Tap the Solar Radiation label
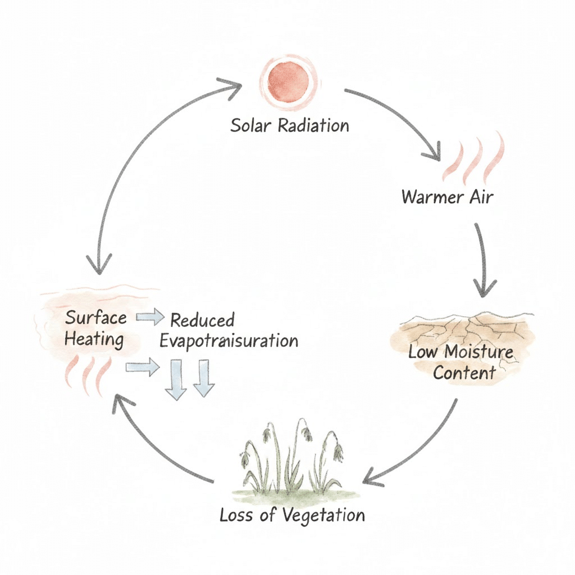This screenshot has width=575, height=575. (x=290, y=125)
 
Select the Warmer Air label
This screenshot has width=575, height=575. (x=448, y=197)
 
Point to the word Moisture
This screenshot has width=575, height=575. (x=479, y=353)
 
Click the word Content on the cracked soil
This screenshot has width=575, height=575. (x=464, y=373)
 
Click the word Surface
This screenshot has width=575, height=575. (x=96, y=318)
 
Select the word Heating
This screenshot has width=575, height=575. (x=94, y=339)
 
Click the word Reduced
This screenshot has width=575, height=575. (x=202, y=321)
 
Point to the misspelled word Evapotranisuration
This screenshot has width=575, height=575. (x=229, y=341)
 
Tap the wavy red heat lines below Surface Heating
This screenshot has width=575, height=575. (x=87, y=373)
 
